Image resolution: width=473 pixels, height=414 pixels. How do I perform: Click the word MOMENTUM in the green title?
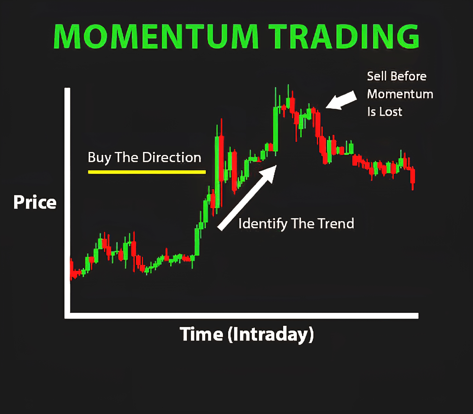pyautogui.click(x=156, y=36)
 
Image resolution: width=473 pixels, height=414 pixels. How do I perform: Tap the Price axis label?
pyautogui.click(x=35, y=202)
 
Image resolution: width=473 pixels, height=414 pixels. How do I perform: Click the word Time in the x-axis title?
pyautogui.click(x=201, y=334)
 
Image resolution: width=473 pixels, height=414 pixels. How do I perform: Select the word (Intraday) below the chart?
pyautogui.click(x=271, y=335)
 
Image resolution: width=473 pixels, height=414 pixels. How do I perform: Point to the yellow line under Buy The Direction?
pyautogui.click(x=147, y=172)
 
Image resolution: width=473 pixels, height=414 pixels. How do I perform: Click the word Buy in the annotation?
pyautogui.click(x=100, y=158)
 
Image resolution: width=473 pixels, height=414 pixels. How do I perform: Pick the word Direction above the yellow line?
pyautogui.click(x=172, y=157)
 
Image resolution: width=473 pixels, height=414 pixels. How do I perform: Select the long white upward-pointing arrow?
pyautogui.click(x=247, y=197)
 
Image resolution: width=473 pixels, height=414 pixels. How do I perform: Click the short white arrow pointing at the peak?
pyautogui.click(x=341, y=100)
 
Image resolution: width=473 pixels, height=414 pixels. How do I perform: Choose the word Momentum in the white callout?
pyautogui.click(x=400, y=94)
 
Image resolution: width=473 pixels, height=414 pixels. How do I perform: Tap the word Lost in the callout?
pyautogui.click(x=391, y=112)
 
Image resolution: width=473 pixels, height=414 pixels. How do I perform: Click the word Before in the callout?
pyautogui.click(x=409, y=76)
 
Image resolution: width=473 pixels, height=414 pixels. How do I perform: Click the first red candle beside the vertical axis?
pyautogui.click(x=71, y=269)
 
